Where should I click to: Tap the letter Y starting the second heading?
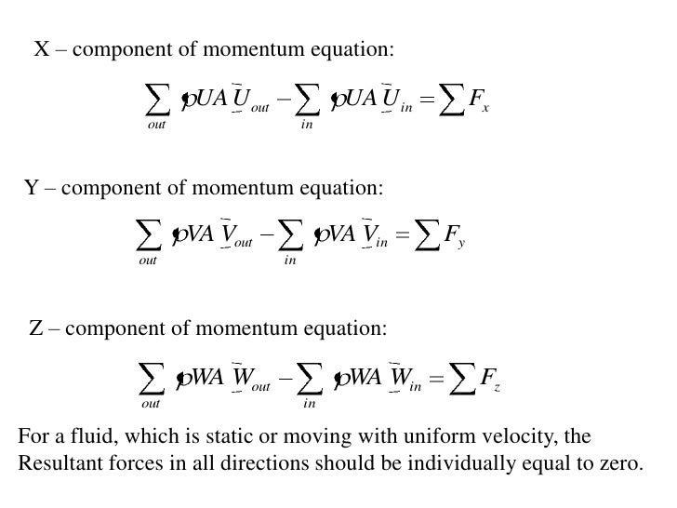click(32, 188)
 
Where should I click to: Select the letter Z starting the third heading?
click(38, 328)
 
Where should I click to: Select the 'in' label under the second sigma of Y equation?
click(290, 264)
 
